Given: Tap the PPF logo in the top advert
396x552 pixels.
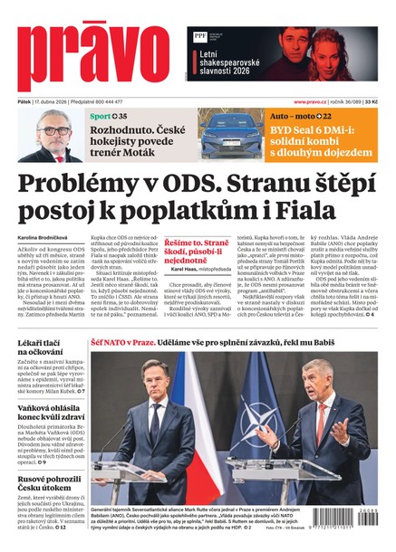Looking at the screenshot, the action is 199,37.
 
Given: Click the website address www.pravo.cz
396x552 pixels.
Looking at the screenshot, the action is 313,102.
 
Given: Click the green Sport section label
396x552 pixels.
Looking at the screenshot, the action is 101,118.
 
